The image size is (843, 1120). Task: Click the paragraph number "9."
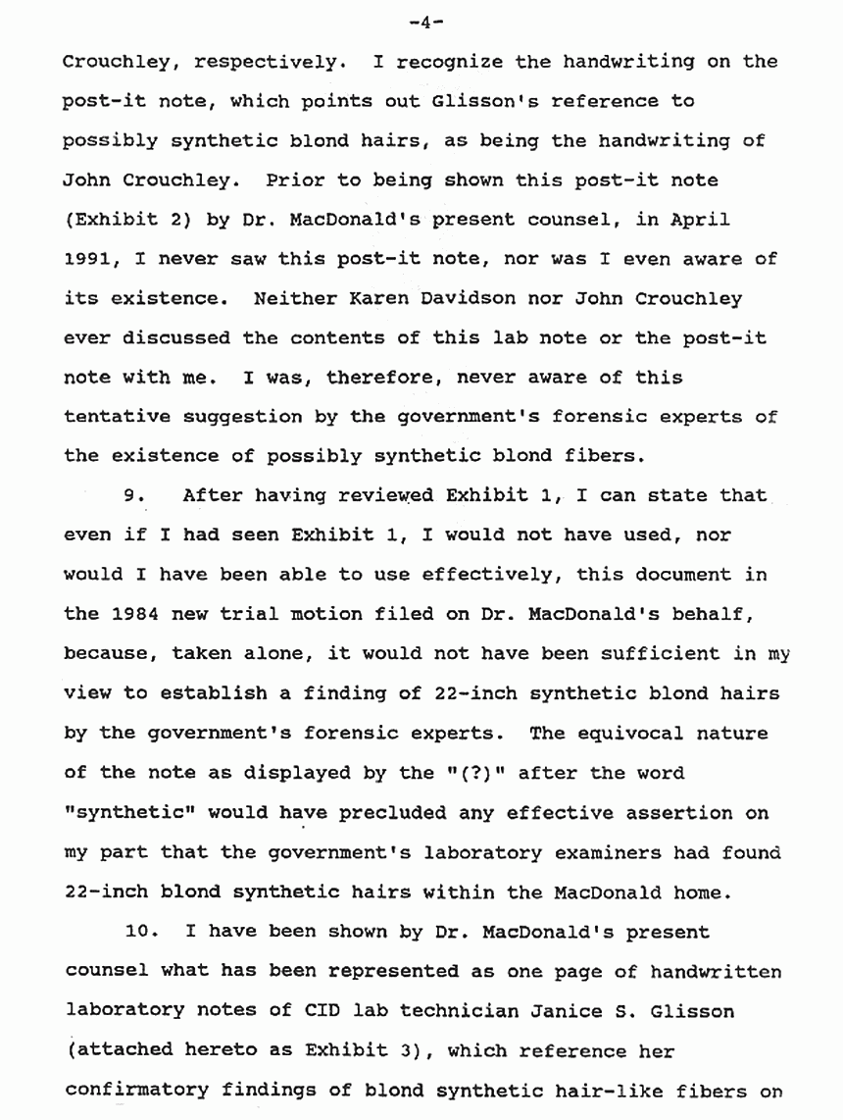point(136,496)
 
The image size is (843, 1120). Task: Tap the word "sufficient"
point(632,654)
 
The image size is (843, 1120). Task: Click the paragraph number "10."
point(143,931)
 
